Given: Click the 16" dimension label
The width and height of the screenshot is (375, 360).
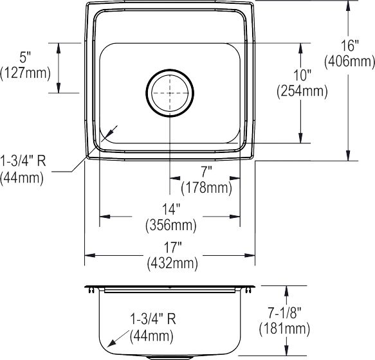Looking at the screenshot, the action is click(x=350, y=46).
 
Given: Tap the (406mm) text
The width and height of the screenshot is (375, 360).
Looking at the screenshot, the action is click(x=349, y=62).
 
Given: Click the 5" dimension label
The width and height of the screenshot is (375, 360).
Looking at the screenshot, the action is click(x=25, y=57).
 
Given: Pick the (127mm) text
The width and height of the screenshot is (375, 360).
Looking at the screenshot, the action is click(x=25, y=73).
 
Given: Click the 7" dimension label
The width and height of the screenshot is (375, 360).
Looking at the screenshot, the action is click(x=206, y=172).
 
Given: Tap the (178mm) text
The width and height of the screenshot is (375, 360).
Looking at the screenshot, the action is click(x=206, y=188).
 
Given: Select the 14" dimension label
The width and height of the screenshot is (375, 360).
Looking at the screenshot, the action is click(x=171, y=209).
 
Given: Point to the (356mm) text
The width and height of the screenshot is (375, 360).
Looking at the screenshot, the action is click(x=171, y=225).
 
